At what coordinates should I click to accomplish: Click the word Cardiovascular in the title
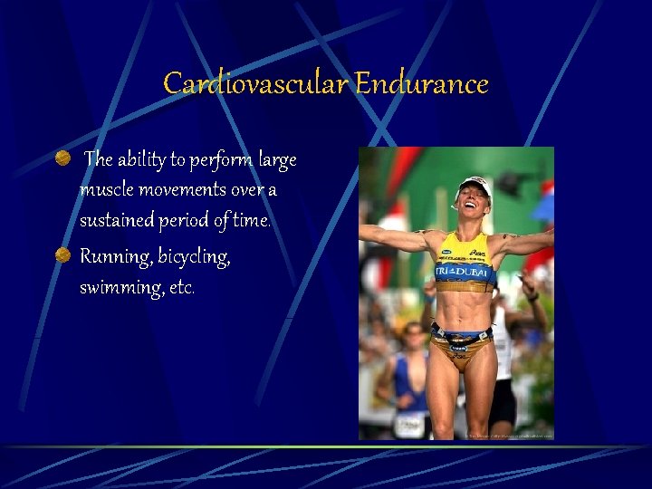pyautogui.click(x=256, y=84)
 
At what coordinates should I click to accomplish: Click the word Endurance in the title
pyautogui.click(x=422, y=84)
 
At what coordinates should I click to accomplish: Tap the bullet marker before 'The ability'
pyautogui.click(x=62, y=159)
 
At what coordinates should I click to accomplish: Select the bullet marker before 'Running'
pyautogui.click(x=62, y=255)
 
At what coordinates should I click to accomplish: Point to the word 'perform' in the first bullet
pyautogui.click(x=220, y=160)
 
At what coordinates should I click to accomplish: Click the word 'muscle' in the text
pyautogui.click(x=105, y=190)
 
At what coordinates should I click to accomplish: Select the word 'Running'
pyautogui.click(x=115, y=257)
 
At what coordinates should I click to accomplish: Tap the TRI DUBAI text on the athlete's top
pyautogui.click(x=463, y=272)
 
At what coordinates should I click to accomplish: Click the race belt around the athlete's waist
pyautogui.click(x=462, y=336)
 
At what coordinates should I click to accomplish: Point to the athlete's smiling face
pyautogui.click(x=474, y=206)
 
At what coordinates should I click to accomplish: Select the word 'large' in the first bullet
pyautogui.click(x=276, y=160)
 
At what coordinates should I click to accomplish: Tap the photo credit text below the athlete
pyautogui.click(x=508, y=436)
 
